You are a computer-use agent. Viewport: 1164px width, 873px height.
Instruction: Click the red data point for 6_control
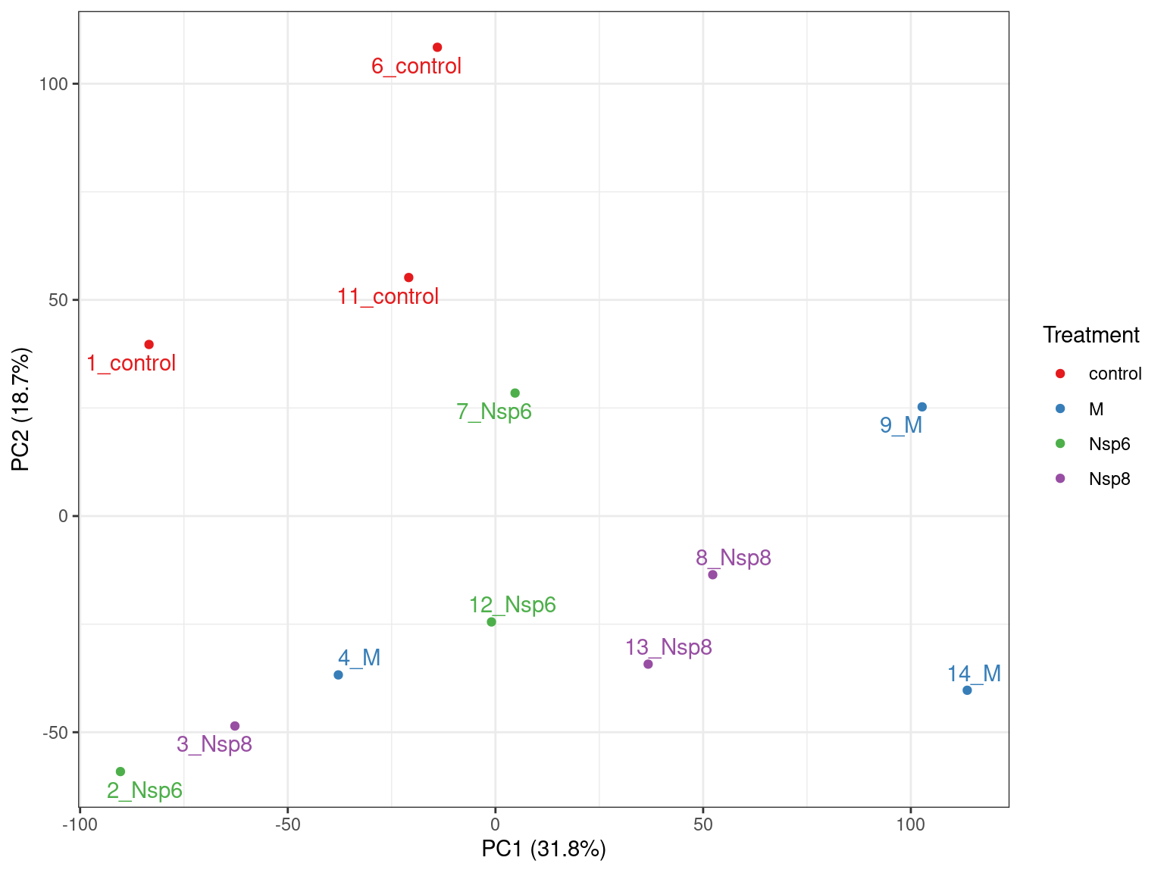click(437, 48)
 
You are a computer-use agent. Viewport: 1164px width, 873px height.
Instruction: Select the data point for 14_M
click(967, 690)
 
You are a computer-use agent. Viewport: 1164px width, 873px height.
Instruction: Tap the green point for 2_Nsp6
click(120, 771)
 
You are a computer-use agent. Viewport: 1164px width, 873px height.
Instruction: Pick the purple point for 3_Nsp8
click(235, 726)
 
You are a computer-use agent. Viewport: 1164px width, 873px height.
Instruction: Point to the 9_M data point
click(922, 407)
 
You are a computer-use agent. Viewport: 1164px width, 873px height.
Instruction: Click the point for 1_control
click(149, 345)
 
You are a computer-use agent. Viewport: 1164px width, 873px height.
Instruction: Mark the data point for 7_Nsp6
click(515, 393)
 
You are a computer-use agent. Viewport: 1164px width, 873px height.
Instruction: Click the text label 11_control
click(388, 296)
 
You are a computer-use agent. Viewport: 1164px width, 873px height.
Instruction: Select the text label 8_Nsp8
click(734, 558)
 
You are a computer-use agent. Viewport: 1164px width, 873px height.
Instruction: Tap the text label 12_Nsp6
click(513, 605)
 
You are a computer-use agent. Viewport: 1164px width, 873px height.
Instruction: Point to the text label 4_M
click(359, 658)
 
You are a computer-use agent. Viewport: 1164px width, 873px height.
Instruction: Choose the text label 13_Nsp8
click(669, 647)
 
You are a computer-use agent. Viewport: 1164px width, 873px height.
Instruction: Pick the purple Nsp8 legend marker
click(1061, 479)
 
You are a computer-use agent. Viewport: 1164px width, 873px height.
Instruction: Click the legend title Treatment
click(1090, 335)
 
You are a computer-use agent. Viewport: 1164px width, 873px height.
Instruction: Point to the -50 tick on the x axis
click(287, 824)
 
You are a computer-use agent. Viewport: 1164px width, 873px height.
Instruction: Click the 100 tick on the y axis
click(54, 83)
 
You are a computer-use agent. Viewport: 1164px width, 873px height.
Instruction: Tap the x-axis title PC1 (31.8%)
click(544, 850)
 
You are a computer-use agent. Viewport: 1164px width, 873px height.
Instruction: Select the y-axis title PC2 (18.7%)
click(21, 409)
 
